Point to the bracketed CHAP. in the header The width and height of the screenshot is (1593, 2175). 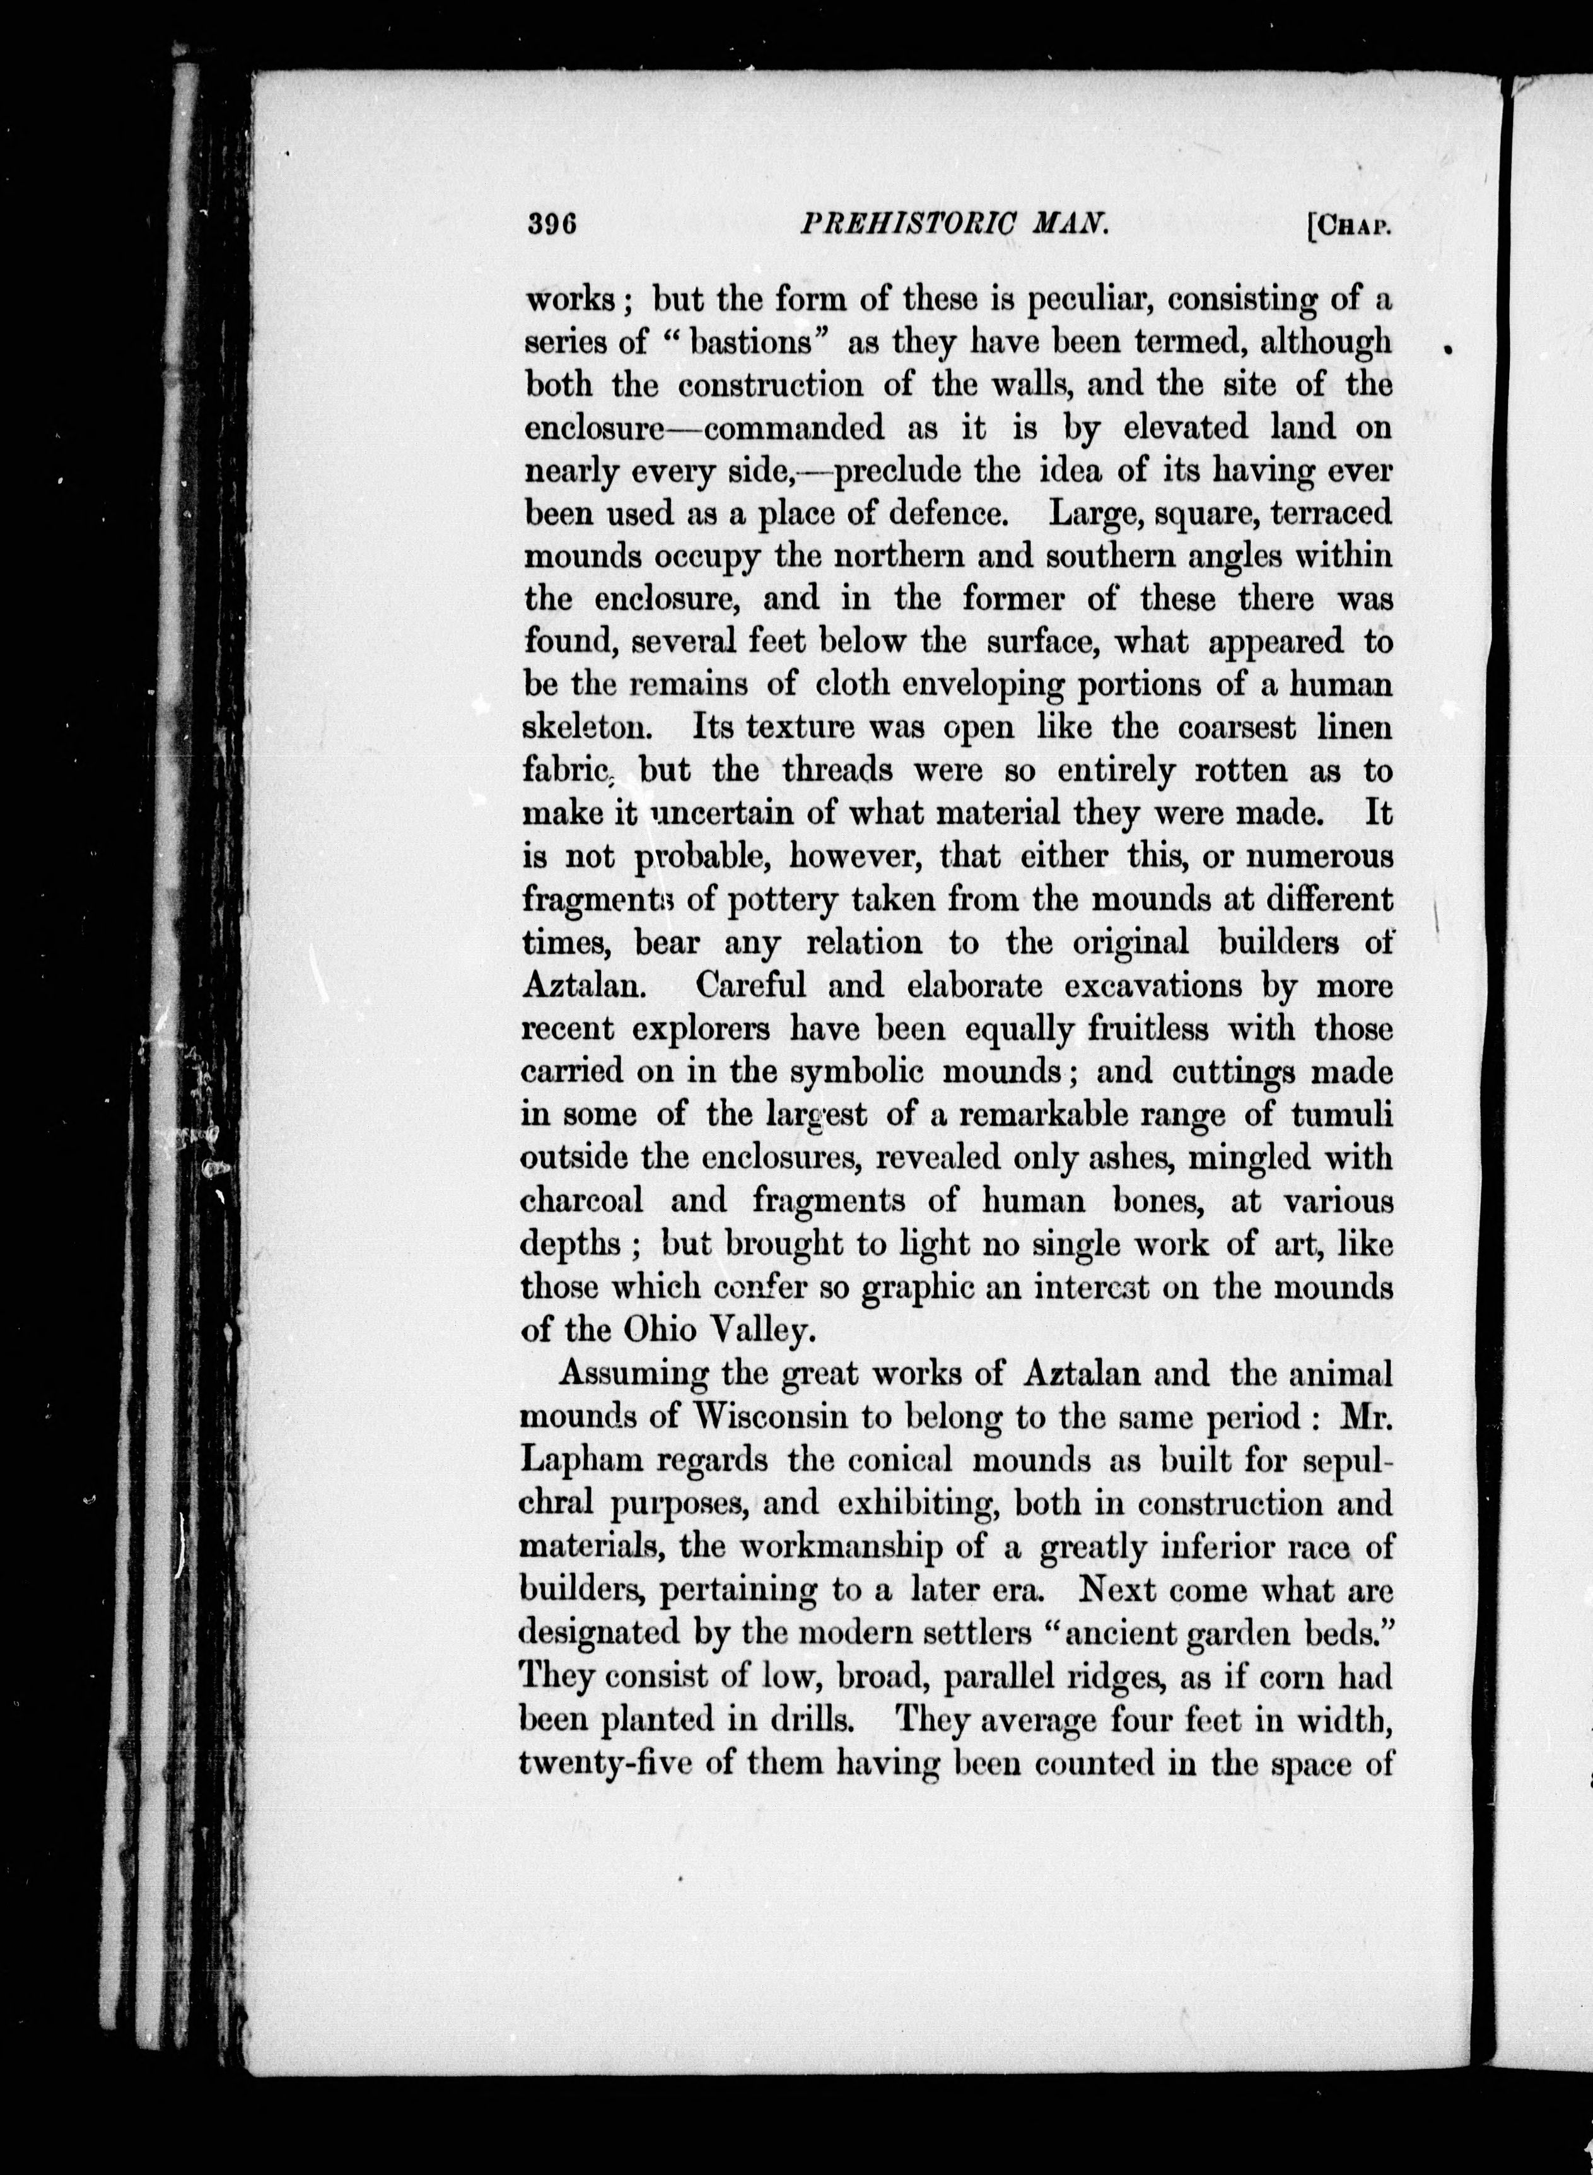point(1349,226)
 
